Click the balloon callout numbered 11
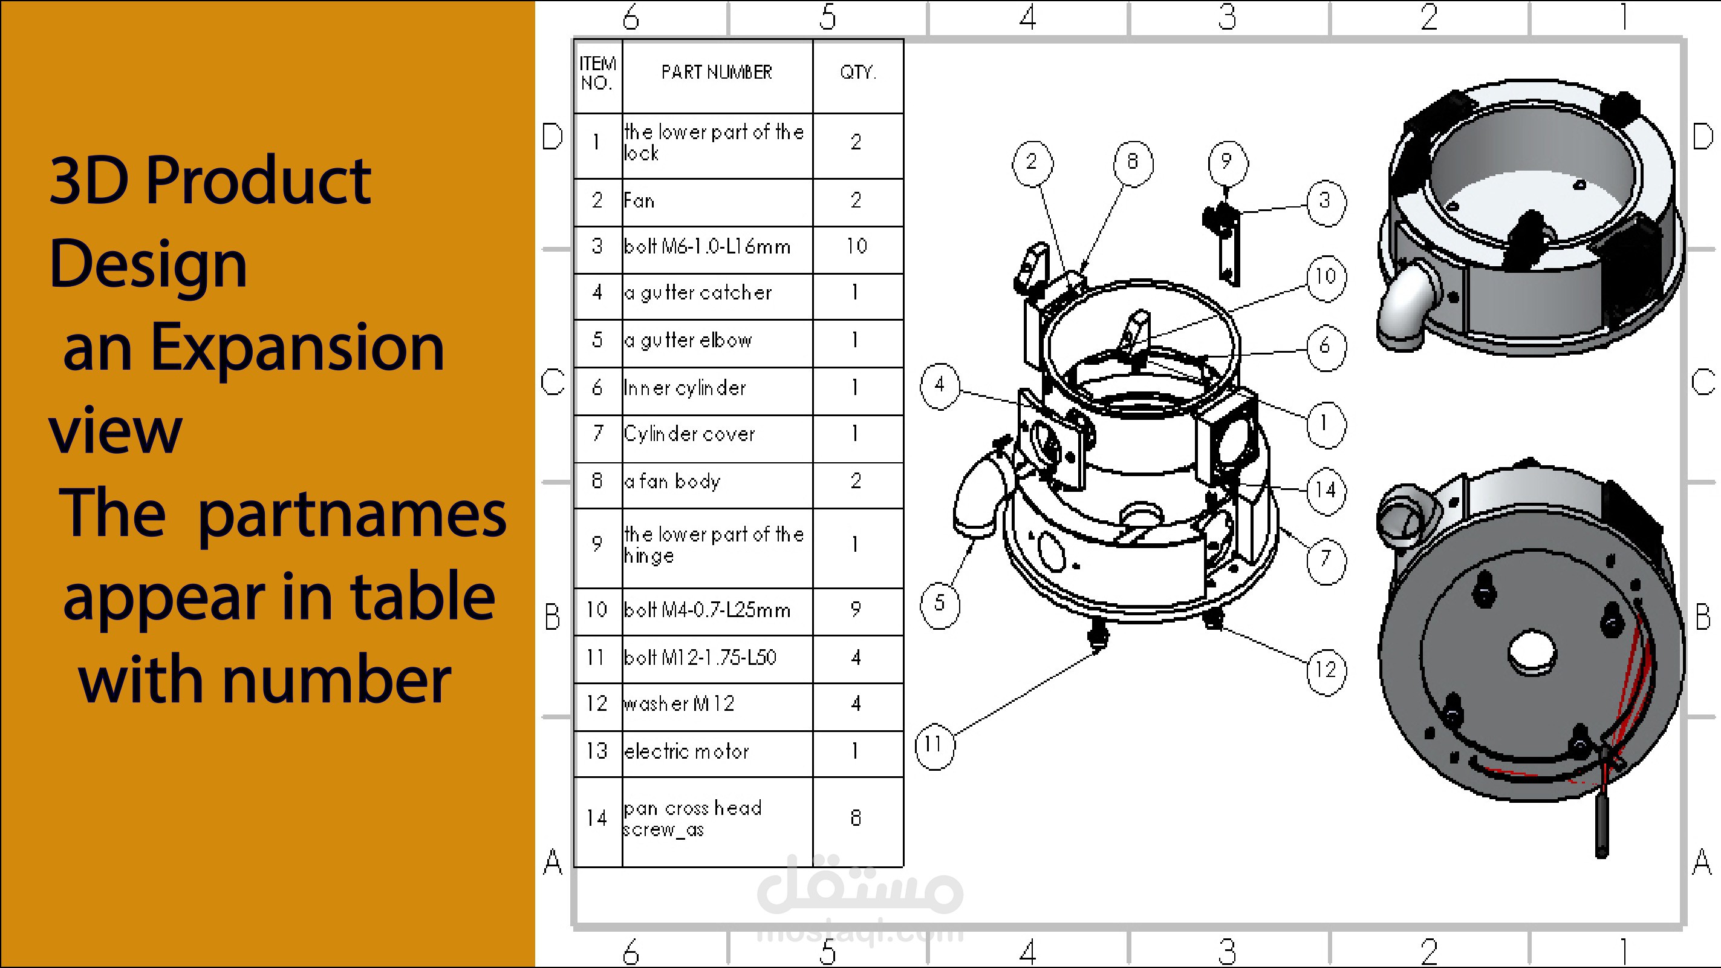(x=934, y=744)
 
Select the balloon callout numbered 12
(x=1326, y=670)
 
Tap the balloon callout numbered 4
(x=940, y=384)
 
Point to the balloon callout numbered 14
(x=1326, y=490)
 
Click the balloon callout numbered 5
(x=940, y=603)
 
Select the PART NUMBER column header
(x=717, y=72)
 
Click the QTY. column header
(x=858, y=72)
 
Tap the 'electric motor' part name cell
(x=717, y=752)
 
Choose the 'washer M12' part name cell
(x=717, y=705)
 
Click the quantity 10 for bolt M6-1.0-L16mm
(x=856, y=247)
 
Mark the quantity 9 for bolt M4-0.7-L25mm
(x=856, y=610)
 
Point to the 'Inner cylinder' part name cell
(x=717, y=388)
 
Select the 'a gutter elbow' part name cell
(x=717, y=341)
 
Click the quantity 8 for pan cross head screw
(x=856, y=817)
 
